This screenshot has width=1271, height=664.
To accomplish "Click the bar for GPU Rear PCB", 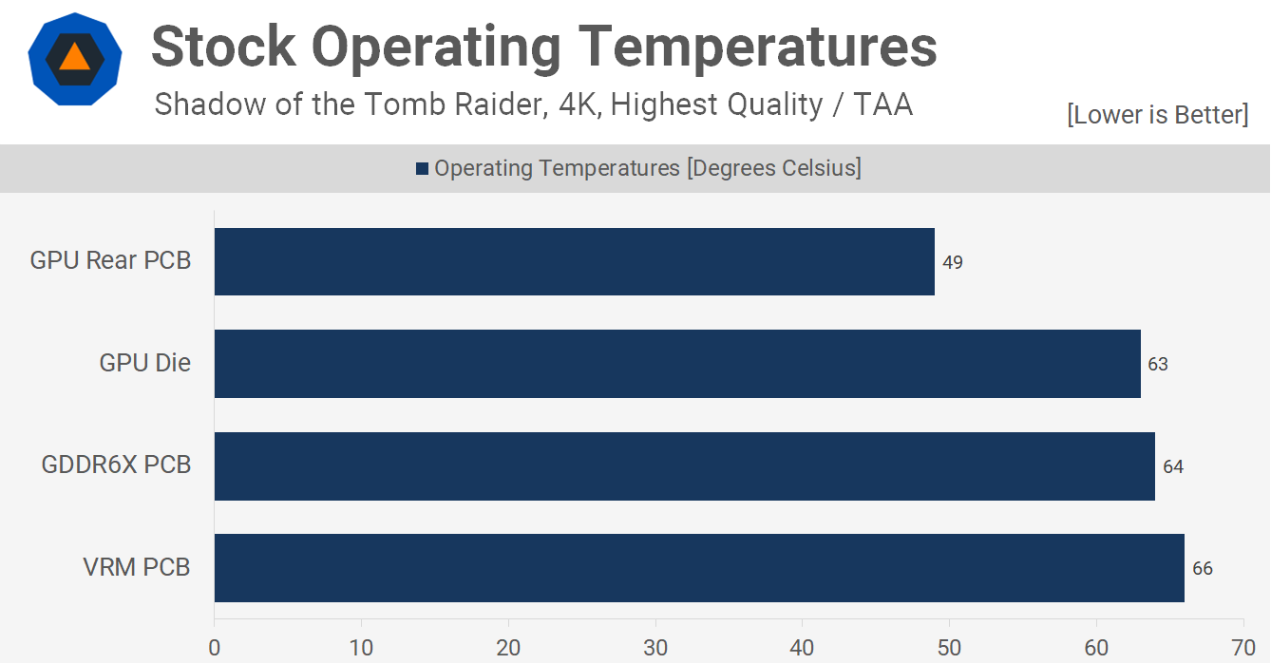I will (575, 261).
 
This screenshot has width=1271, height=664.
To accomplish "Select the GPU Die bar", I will (677, 364).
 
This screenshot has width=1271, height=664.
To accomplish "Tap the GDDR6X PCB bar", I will (685, 466).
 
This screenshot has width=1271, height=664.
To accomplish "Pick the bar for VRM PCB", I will (699, 568).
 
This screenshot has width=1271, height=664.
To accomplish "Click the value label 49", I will (953, 262).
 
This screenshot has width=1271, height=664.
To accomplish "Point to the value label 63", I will (1158, 365).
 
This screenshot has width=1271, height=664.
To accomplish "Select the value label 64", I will (1173, 467).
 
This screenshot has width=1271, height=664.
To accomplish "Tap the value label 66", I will (1203, 569).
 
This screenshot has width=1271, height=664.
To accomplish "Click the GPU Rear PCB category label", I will (110, 260).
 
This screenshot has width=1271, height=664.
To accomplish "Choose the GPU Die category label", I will (144, 363).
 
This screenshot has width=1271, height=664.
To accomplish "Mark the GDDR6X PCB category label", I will (116, 465).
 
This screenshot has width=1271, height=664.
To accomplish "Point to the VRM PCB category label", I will (136, 568).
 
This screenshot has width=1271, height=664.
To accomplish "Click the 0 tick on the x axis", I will (215, 648).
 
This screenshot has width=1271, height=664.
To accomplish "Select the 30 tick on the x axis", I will (655, 648).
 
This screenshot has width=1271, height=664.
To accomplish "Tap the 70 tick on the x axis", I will (1243, 648).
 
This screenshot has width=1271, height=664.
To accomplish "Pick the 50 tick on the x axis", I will (950, 648).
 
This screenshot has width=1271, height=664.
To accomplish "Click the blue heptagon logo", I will (74, 62).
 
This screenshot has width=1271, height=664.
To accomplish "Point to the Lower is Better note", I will (1158, 115).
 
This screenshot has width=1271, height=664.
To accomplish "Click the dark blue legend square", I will (423, 169).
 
